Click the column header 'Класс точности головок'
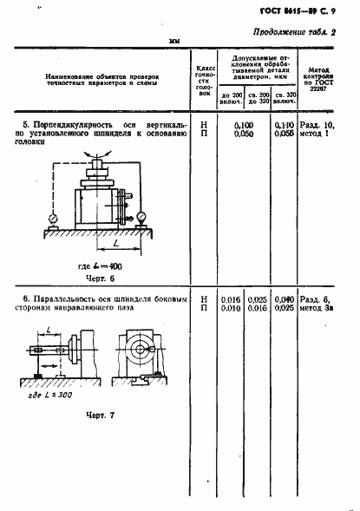tap(205, 79)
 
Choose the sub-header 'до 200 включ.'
tap(232, 96)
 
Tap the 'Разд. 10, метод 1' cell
tap(317, 130)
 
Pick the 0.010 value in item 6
tap(230, 307)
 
